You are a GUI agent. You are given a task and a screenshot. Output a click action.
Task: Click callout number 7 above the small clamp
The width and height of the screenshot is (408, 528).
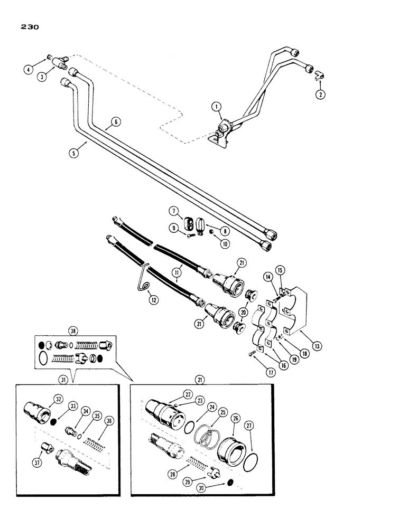coord(172,212)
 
